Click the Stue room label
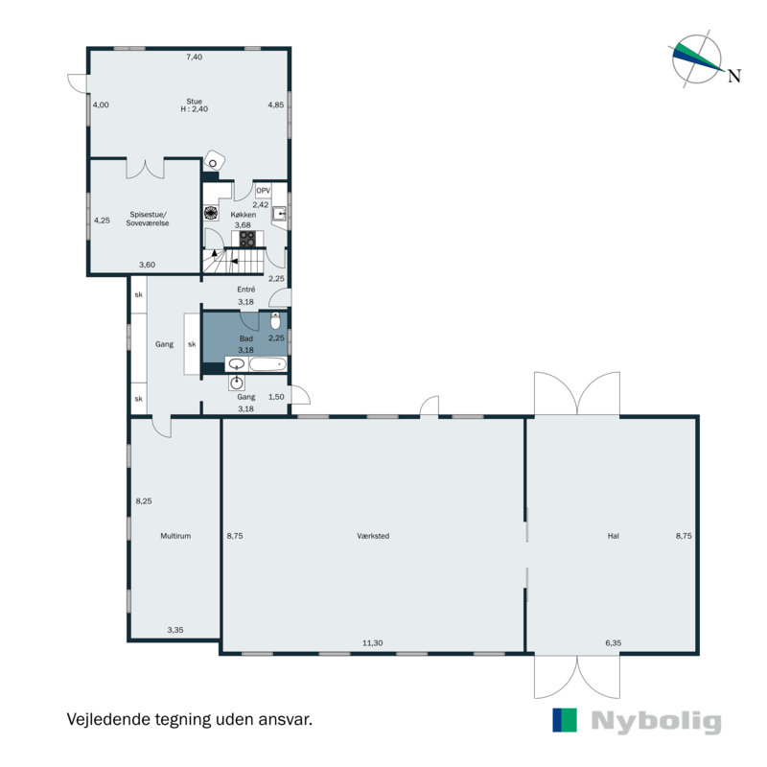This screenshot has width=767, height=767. (x=195, y=102)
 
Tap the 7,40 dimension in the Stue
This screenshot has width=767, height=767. (x=195, y=57)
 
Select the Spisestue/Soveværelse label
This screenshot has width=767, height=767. (x=148, y=219)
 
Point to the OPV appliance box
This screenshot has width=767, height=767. (x=263, y=191)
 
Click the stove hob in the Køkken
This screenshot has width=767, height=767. (x=247, y=239)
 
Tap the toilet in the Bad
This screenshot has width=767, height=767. (x=275, y=320)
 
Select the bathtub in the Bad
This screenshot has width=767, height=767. (x=267, y=364)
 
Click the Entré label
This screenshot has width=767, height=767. (x=246, y=290)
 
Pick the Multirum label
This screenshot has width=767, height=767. (x=175, y=536)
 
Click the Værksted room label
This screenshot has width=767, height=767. (x=373, y=536)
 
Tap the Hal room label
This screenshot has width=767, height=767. (x=614, y=536)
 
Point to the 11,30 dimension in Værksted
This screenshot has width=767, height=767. (x=373, y=642)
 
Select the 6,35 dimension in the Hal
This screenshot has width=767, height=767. (x=614, y=642)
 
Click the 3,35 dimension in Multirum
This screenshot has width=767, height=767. (x=175, y=630)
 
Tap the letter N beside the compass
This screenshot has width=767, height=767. (x=734, y=76)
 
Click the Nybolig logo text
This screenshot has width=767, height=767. (x=657, y=721)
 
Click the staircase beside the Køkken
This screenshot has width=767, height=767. (x=234, y=261)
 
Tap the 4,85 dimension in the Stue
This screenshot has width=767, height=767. (x=276, y=105)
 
